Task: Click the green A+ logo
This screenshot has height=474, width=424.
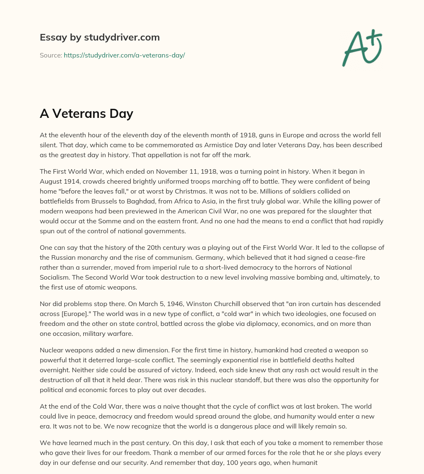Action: coord(362,48)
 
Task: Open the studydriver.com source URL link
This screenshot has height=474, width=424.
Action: coord(124,55)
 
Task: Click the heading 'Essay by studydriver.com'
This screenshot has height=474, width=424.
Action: coord(100,37)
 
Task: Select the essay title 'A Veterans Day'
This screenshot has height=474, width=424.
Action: coord(86,113)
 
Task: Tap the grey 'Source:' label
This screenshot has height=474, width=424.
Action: coord(51,55)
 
